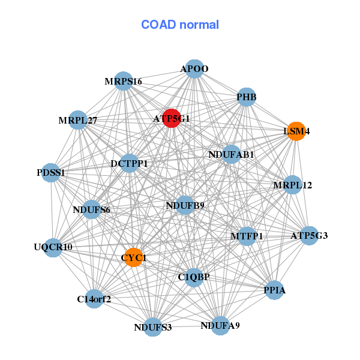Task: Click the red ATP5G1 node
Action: point(172,118)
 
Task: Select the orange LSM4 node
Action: point(296,131)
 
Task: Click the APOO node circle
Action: point(194,69)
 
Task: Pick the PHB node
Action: point(247,97)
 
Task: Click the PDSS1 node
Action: point(52,172)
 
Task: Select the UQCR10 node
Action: point(53,247)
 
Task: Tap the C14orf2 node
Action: point(94,298)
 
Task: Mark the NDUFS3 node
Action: point(153,327)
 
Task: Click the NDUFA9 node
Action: point(220,326)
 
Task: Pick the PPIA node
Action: point(274,290)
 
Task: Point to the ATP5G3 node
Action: point(308,235)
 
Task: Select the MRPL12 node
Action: point(292,185)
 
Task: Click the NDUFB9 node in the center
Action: point(185,205)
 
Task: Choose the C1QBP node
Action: point(193,277)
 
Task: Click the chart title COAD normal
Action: point(180,25)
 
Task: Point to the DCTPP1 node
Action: point(130,163)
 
